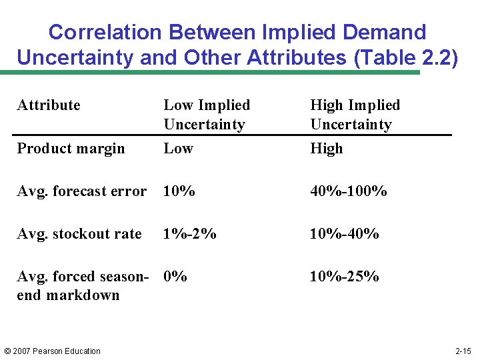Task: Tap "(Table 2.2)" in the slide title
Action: tap(407, 57)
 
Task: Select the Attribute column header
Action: tap(49, 105)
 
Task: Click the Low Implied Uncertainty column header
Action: tap(206, 115)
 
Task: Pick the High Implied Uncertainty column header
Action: tap(355, 115)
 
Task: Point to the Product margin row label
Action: tap(71, 149)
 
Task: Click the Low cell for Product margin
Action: tap(178, 149)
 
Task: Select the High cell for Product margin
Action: tap(327, 149)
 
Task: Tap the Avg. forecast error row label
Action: tap(81, 191)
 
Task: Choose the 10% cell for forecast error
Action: tap(179, 191)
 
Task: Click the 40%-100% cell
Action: tap(348, 191)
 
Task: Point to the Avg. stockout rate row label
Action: tap(79, 234)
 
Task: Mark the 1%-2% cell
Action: tap(190, 234)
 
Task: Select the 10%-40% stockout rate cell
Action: tap(344, 234)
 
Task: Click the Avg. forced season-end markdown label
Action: tap(81, 285)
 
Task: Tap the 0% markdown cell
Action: tap(175, 276)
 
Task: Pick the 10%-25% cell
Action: tap(344, 276)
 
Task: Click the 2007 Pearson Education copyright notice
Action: tap(52, 351)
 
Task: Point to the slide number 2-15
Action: tap(463, 351)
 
